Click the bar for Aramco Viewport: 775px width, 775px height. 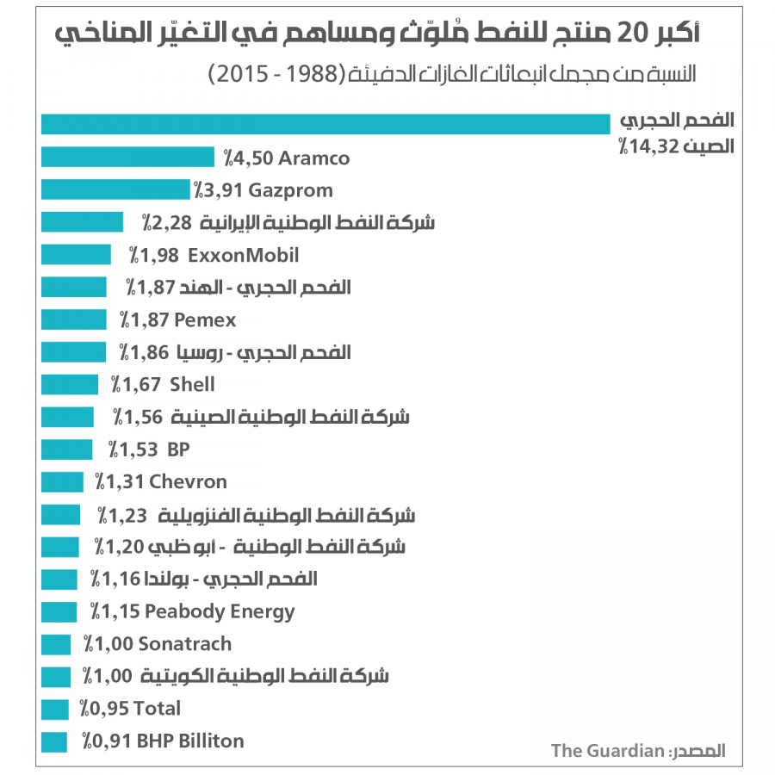[x=127, y=157]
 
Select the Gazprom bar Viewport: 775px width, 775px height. [x=115, y=189]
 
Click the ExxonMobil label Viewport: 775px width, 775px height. [x=243, y=255]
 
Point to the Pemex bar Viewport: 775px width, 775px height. [x=73, y=320]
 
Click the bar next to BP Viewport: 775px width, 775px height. [x=66, y=449]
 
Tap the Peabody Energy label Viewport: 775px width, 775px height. [x=220, y=611]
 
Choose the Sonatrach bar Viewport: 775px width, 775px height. [x=56, y=644]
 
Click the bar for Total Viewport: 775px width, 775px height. [x=54, y=709]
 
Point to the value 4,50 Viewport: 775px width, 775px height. [x=244, y=158]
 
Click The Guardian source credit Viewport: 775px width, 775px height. [x=607, y=750]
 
